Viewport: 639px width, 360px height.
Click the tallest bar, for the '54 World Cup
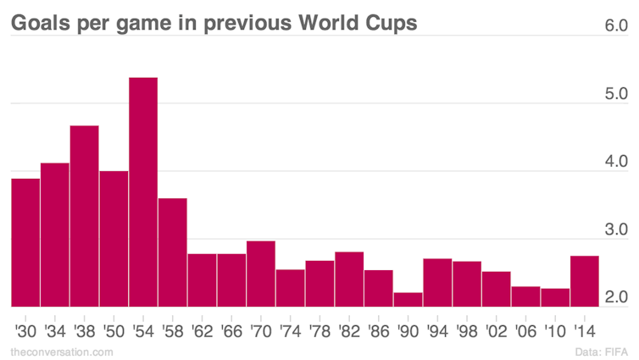pos(143,191)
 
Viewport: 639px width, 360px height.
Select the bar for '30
pos(25,242)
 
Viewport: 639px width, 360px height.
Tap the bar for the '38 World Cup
pos(85,216)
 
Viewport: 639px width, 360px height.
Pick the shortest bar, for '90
pos(408,299)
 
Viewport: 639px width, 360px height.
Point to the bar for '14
pos(585,281)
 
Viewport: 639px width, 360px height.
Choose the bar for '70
pos(261,274)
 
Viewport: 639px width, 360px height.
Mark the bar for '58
pos(173,252)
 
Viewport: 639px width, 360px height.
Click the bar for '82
pos(349,279)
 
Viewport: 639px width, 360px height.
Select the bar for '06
pos(525,296)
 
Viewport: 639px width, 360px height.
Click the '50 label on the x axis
pos(114,331)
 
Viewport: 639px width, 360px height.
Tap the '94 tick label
pos(437,331)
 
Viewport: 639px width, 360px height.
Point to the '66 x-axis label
pos(231,331)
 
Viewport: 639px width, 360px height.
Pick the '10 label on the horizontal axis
pos(555,331)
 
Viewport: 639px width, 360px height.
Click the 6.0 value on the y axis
pos(616,25)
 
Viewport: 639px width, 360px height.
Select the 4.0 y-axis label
pos(616,161)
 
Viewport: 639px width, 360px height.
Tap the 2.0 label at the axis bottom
pos(616,296)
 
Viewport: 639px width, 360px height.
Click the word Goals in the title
pos(41,22)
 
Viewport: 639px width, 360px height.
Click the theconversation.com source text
pos(62,352)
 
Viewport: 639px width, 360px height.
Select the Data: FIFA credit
pos(602,352)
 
